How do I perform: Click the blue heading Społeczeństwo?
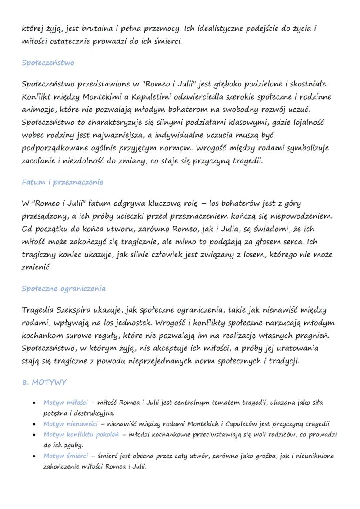[48, 63]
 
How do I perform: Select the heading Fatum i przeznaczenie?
[63, 182]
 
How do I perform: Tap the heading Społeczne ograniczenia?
[63, 289]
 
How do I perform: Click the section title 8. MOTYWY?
[44, 383]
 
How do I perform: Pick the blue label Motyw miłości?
[65, 403]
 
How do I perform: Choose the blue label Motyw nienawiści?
[70, 424]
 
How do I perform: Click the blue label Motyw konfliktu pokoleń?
[84, 435]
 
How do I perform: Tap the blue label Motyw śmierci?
[65, 456]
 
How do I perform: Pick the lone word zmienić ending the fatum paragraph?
[36, 267]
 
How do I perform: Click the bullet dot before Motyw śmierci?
[34, 456]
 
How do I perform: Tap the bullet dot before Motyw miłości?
[34, 403]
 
